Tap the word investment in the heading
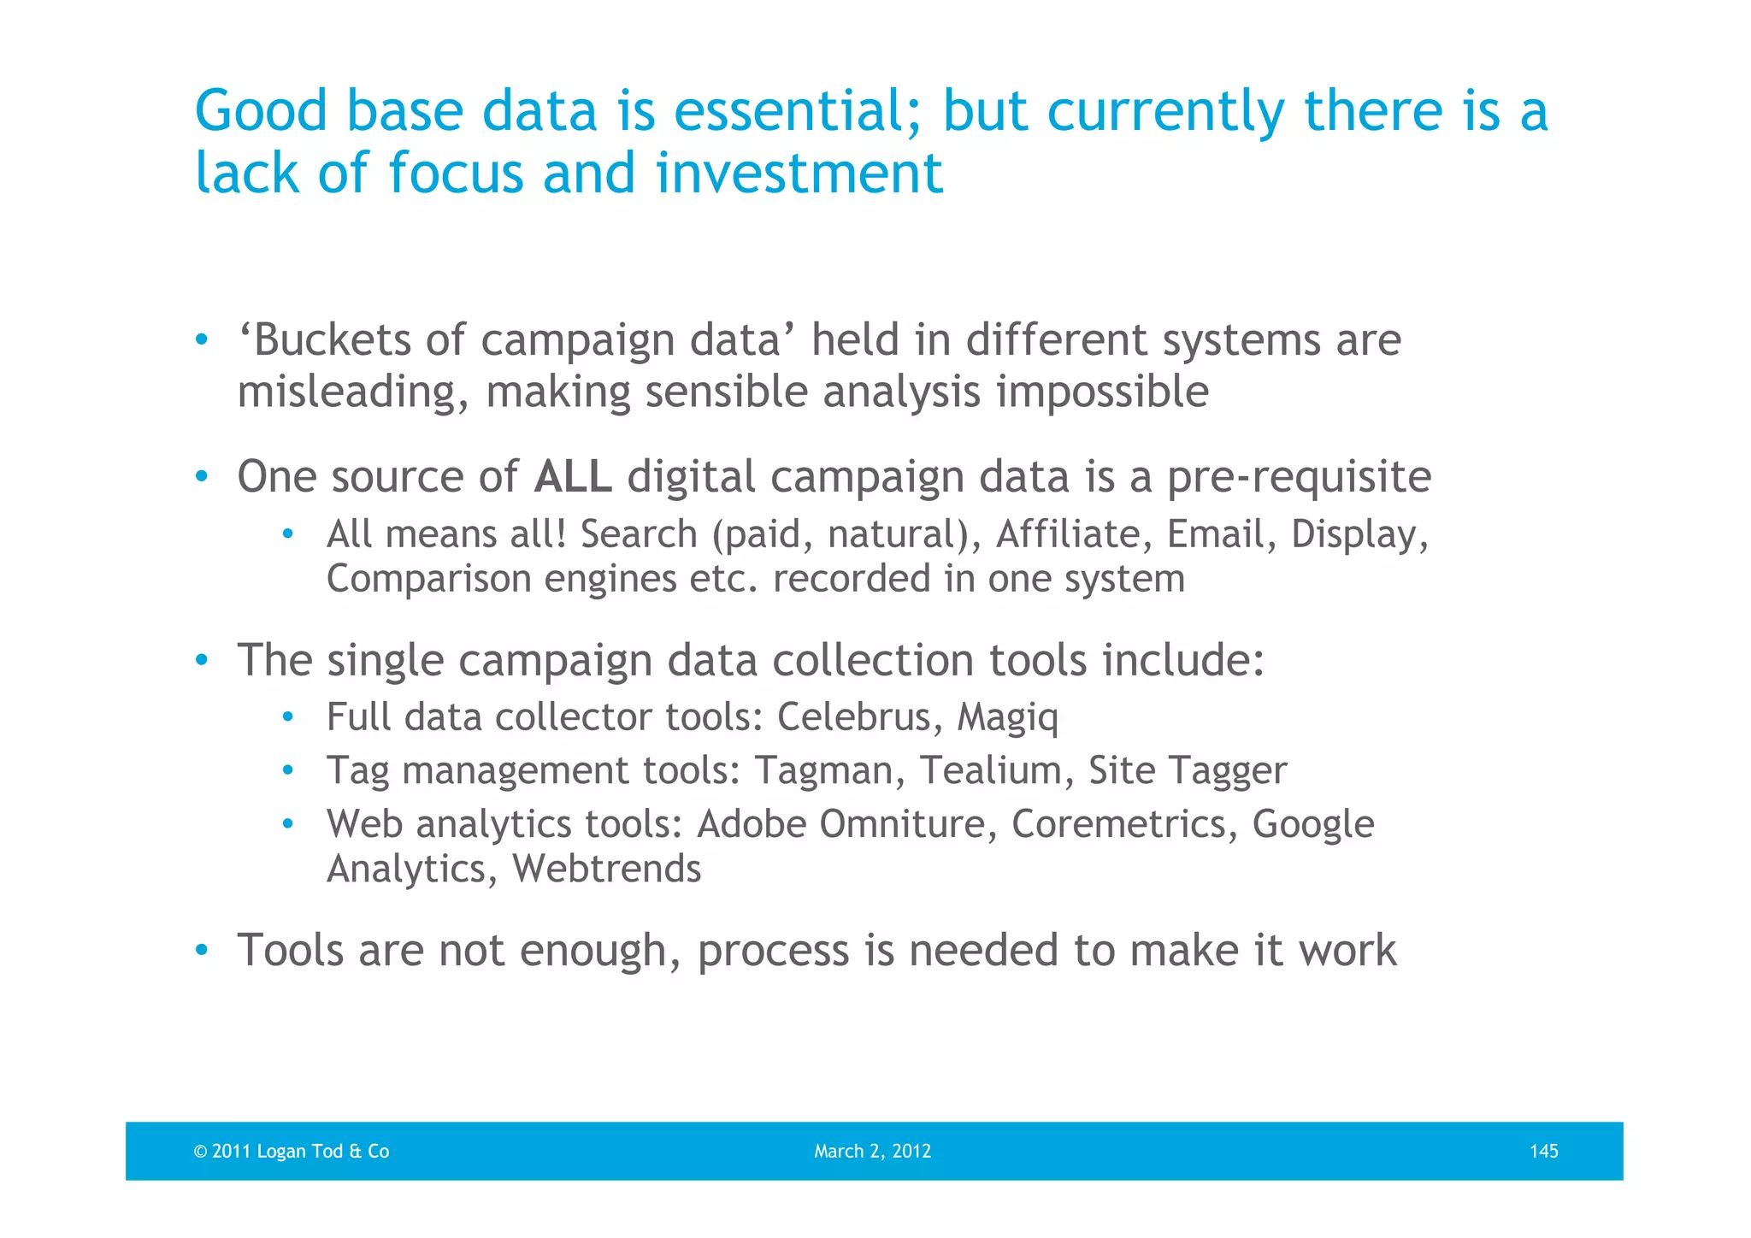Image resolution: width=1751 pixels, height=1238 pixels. (x=799, y=173)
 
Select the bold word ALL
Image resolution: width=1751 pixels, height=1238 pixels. (x=572, y=476)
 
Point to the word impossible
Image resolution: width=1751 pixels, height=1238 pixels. (x=1102, y=392)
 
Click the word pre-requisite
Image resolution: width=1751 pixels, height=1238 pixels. (x=1299, y=476)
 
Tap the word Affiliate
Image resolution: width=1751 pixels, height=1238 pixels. (x=1068, y=534)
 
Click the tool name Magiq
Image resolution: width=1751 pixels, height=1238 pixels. (x=1007, y=718)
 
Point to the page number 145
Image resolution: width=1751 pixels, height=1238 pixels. (x=1543, y=1151)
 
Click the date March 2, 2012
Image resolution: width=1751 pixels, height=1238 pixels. (x=872, y=1151)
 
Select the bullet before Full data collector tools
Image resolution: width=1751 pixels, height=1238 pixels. (x=288, y=716)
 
